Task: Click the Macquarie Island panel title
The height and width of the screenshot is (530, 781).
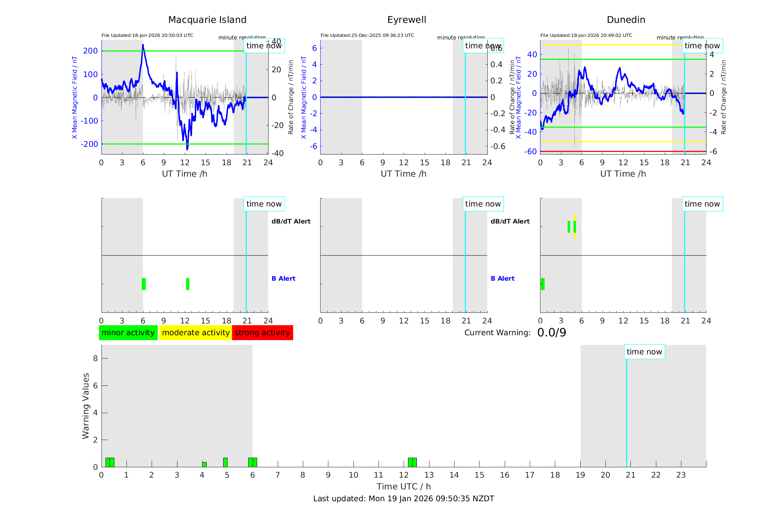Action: [x=207, y=20]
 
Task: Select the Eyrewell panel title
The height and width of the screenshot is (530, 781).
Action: [x=407, y=20]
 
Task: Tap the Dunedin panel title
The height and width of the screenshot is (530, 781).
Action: [x=626, y=20]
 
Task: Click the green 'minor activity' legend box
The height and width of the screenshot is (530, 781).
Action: [x=128, y=333]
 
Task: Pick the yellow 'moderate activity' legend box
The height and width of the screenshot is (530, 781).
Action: [x=196, y=333]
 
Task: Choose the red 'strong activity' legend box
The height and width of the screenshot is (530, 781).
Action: [x=262, y=333]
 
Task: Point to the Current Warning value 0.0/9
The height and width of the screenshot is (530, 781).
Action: [x=552, y=333]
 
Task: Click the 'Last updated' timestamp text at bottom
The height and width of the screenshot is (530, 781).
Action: [x=404, y=499]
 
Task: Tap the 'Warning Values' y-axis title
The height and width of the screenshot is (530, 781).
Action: [x=86, y=406]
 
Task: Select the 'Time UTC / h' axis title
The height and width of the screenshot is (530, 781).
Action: [x=404, y=486]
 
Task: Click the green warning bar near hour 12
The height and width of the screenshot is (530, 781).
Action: [x=412, y=462]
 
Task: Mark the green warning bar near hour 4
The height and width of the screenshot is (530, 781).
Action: [x=204, y=464]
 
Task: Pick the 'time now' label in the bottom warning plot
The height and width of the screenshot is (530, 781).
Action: [x=644, y=352]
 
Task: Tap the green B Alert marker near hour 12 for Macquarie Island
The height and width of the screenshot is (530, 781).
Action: [x=187, y=284]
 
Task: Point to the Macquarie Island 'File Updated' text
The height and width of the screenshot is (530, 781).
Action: [x=147, y=35]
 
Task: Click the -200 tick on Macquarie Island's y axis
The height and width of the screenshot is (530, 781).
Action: [x=89, y=144]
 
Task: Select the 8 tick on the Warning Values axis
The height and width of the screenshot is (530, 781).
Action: [x=95, y=358]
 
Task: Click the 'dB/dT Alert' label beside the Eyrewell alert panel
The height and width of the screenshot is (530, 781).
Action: [x=510, y=221]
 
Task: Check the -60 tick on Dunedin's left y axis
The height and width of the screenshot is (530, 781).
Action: [x=531, y=151]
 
